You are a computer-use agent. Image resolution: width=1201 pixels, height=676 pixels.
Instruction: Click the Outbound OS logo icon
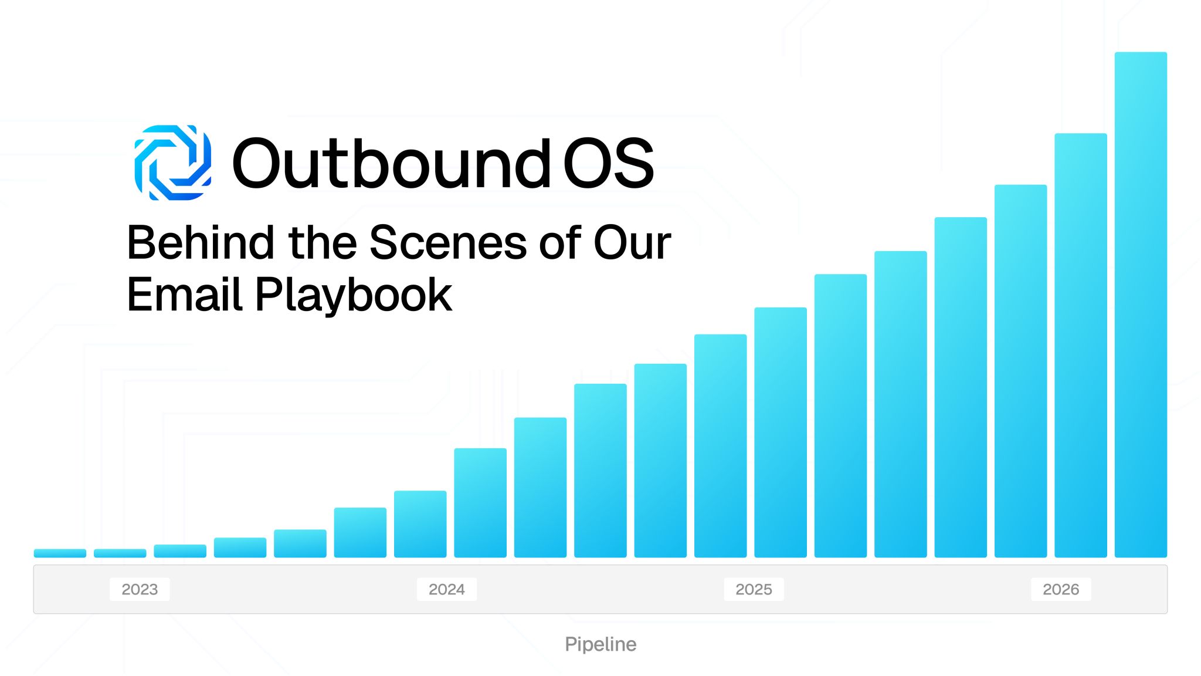pyautogui.click(x=173, y=163)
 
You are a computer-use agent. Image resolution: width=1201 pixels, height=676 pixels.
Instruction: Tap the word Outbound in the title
pyautogui.click(x=392, y=163)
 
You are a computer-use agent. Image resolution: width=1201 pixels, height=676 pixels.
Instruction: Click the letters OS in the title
pyautogui.click(x=609, y=163)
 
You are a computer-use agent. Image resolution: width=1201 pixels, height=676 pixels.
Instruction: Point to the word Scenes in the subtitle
pyautogui.click(x=448, y=242)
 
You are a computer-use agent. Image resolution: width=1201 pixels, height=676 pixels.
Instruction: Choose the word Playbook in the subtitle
pyautogui.click(x=354, y=295)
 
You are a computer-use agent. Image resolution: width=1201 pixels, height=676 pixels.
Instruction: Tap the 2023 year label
pyautogui.click(x=140, y=589)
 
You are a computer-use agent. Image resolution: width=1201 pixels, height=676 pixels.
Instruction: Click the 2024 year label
pyautogui.click(x=447, y=589)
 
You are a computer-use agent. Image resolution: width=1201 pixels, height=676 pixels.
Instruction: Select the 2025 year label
pyautogui.click(x=754, y=589)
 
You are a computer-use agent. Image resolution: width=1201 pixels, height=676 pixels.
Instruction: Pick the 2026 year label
pyautogui.click(x=1061, y=589)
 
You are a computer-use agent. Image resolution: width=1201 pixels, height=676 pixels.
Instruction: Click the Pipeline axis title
pyautogui.click(x=600, y=644)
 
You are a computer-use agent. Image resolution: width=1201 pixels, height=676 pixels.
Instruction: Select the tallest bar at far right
pyautogui.click(x=1141, y=305)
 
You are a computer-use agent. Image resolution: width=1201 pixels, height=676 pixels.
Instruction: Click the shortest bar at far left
pyautogui.click(x=60, y=553)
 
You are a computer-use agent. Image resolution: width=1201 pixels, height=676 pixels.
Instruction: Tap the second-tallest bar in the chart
pyautogui.click(x=1081, y=345)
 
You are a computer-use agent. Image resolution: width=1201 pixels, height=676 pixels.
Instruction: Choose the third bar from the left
pyautogui.click(x=180, y=551)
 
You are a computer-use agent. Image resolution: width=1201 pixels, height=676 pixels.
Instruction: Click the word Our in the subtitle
pyautogui.click(x=632, y=242)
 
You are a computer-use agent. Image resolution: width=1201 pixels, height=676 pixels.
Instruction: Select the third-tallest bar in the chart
pyautogui.click(x=1020, y=371)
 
